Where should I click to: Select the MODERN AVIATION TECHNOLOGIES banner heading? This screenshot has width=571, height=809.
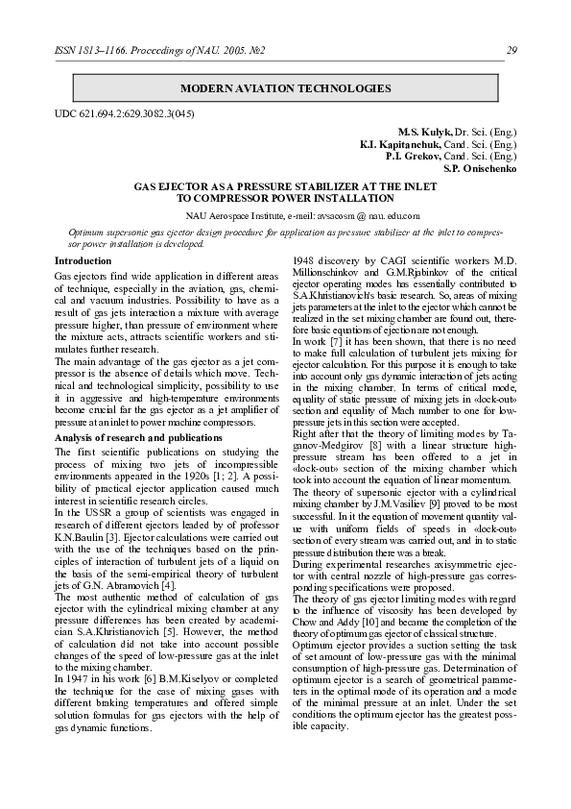(x=286, y=88)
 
